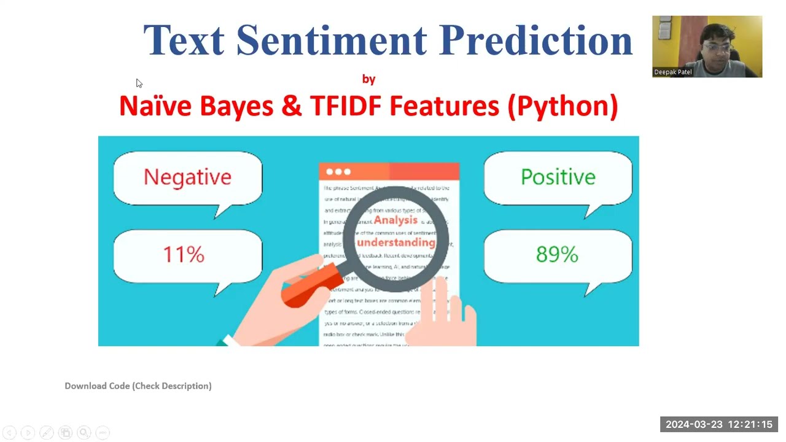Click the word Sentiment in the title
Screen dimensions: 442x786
point(331,40)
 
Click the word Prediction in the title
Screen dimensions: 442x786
point(535,40)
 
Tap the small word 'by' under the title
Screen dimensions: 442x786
point(368,79)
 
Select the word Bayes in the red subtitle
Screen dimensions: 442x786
point(236,106)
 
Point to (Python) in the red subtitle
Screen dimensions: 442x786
point(562,106)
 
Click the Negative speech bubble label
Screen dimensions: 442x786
point(187,177)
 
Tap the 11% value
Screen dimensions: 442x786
point(184,254)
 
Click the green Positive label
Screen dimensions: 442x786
point(558,177)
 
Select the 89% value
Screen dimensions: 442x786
point(557,254)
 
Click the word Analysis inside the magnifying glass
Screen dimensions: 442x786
point(395,220)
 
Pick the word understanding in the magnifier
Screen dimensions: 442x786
point(396,242)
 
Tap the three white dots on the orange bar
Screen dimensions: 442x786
point(338,172)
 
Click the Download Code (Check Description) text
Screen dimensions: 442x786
point(138,386)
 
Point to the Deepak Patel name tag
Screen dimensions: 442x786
point(673,72)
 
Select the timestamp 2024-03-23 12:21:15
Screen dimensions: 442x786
point(719,424)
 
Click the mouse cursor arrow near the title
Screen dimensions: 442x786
point(139,83)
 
